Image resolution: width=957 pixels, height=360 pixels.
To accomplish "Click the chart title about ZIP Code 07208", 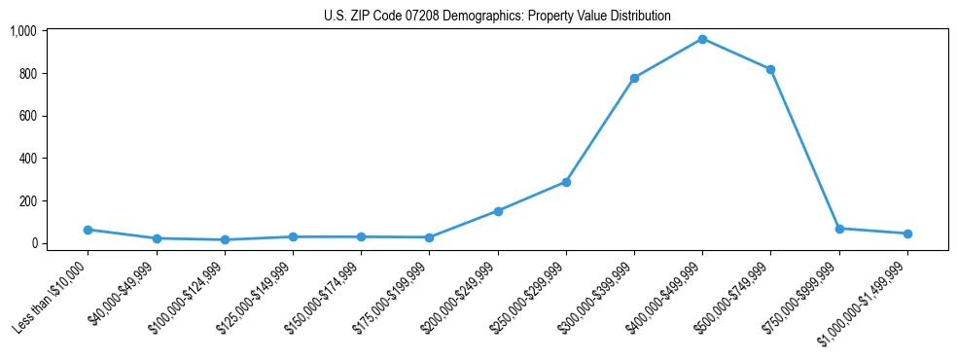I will tap(497, 17).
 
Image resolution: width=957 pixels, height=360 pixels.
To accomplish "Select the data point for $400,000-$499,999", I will tap(702, 39).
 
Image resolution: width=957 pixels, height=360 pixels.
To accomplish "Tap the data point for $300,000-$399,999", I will tap(634, 78).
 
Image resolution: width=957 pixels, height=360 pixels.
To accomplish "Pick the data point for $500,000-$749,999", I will tap(770, 69).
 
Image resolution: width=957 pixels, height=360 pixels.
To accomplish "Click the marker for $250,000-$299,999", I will tap(566, 182).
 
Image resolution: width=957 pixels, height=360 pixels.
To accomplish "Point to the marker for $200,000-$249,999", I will tap(498, 211).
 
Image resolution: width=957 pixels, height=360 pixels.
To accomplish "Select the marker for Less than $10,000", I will tap(88, 230).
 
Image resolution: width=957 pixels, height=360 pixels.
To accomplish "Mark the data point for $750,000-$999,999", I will tap(839, 229).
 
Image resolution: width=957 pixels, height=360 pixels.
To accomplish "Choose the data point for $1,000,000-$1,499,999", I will tap(907, 234).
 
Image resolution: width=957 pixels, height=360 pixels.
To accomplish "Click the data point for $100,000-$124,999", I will tap(225, 239).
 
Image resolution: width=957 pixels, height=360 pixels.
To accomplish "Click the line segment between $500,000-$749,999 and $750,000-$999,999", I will tap(804, 149).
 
